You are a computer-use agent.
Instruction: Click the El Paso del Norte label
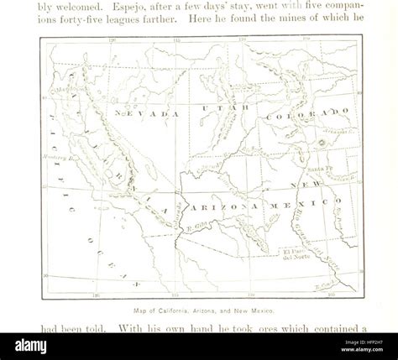point(298,254)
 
